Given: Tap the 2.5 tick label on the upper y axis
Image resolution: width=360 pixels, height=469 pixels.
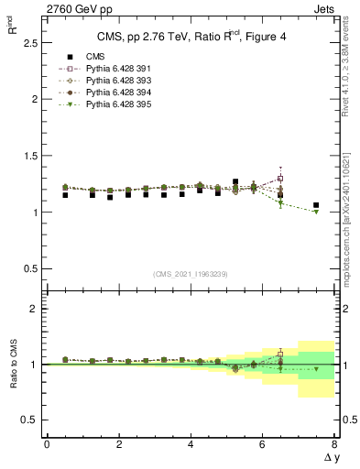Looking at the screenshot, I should pos(29,43).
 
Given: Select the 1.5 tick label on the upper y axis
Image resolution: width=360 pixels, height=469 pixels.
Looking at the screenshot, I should pos(29,156).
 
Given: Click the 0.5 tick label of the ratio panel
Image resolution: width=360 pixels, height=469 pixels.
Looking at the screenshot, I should pos(29,420).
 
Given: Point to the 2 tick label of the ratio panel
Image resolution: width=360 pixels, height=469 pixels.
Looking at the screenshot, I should pos(34,309).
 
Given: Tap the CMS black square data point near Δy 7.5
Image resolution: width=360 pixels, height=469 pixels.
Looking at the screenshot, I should pos(316,205).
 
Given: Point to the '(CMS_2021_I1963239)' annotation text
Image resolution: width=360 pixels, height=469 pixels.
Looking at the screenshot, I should pos(190,273).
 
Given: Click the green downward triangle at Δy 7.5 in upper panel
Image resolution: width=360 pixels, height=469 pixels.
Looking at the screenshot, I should pos(316,212).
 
